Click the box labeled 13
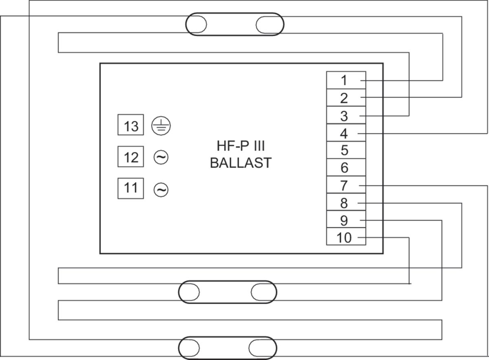(131, 126)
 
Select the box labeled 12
(131, 157)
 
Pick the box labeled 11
(131, 189)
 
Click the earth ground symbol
(161, 126)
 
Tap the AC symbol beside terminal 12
(161, 157)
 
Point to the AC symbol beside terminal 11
(161, 190)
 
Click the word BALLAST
(240, 163)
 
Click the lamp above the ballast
(235, 24)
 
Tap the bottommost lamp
(228, 348)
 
